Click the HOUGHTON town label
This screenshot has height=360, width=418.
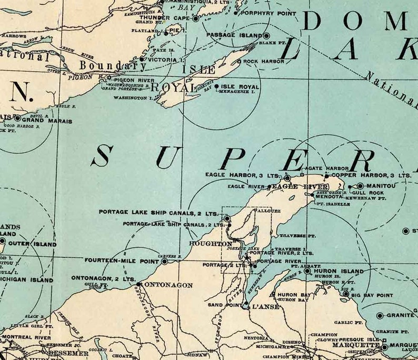[x=210, y=244]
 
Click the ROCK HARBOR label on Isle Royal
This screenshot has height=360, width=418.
[x=264, y=62]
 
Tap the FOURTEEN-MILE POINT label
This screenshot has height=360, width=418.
[x=122, y=261]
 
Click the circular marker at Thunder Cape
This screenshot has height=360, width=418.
[x=195, y=18]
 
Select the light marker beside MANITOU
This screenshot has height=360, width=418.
[x=360, y=186]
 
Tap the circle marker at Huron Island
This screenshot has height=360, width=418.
[x=307, y=271]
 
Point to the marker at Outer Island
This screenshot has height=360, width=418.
[x=2, y=242]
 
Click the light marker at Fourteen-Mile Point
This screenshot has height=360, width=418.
[x=164, y=261]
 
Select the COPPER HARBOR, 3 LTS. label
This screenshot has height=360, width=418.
[x=371, y=175]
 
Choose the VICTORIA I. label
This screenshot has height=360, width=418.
[x=163, y=60]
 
